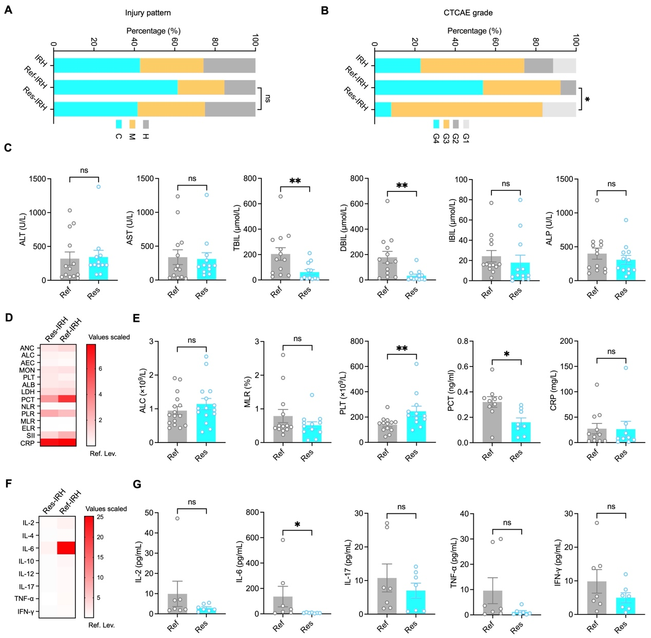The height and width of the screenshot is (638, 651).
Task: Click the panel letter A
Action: (8, 10)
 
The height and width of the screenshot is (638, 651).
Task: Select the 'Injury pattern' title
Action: (148, 13)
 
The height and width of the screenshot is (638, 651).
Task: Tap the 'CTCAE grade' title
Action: (468, 13)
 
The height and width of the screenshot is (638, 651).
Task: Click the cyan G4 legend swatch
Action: (436, 124)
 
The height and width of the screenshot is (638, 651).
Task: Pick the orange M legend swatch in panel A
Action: (132, 124)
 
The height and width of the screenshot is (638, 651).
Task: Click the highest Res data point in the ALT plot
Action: (98, 187)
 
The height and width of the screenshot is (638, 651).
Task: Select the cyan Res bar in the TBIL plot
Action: (310, 276)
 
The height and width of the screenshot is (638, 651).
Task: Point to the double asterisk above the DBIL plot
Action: (402, 185)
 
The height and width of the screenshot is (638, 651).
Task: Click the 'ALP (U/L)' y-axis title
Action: (549, 228)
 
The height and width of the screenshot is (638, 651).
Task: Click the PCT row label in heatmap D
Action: (28, 399)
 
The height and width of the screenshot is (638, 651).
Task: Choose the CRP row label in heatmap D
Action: (27, 443)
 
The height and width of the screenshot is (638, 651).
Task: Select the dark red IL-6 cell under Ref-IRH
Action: (66, 548)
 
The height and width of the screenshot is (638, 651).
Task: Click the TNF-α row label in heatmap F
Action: (25, 598)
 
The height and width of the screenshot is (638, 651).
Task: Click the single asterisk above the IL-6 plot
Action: (297, 524)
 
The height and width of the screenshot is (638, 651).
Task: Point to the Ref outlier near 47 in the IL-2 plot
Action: (177, 518)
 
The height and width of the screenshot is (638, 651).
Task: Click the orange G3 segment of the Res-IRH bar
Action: (467, 110)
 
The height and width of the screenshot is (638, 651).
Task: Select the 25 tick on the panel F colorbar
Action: (100, 517)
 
